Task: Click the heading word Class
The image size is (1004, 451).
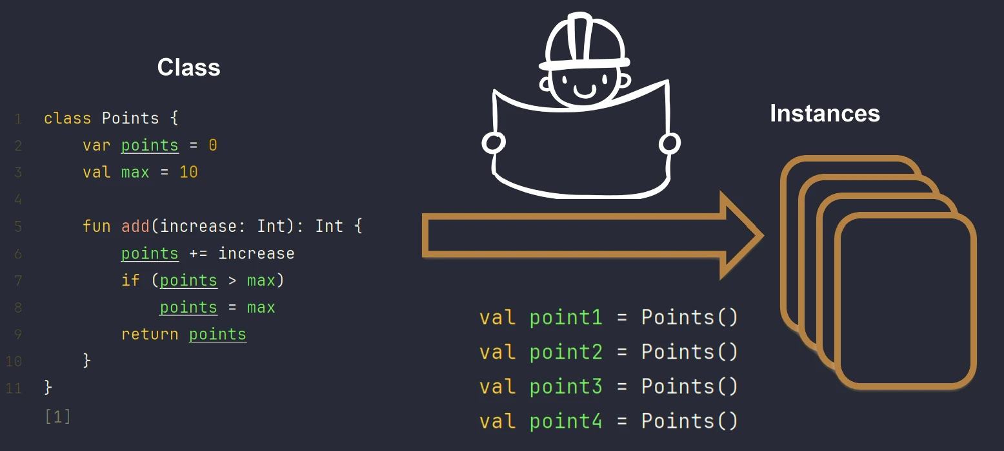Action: click(188, 67)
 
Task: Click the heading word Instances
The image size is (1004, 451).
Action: click(825, 114)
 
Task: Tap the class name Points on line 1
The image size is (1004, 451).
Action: click(130, 118)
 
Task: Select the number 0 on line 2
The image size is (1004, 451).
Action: click(213, 145)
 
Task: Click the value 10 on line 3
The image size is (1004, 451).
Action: click(188, 173)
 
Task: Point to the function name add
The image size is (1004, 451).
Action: click(136, 226)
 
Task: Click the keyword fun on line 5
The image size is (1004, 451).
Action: click(96, 226)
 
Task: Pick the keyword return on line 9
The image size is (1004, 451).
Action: click(150, 334)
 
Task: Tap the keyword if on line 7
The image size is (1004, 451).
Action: click(130, 280)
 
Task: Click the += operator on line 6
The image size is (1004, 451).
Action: click(198, 254)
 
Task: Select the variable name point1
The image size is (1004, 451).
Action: click(566, 318)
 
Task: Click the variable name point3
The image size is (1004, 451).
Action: click(566, 387)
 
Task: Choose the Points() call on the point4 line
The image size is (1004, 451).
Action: click(689, 421)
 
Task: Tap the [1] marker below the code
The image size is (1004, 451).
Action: click(58, 417)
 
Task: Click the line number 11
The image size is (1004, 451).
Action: click(14, 388)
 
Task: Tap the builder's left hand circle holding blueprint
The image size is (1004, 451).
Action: click(494, 143)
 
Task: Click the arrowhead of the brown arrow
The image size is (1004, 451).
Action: click(742, 235)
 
